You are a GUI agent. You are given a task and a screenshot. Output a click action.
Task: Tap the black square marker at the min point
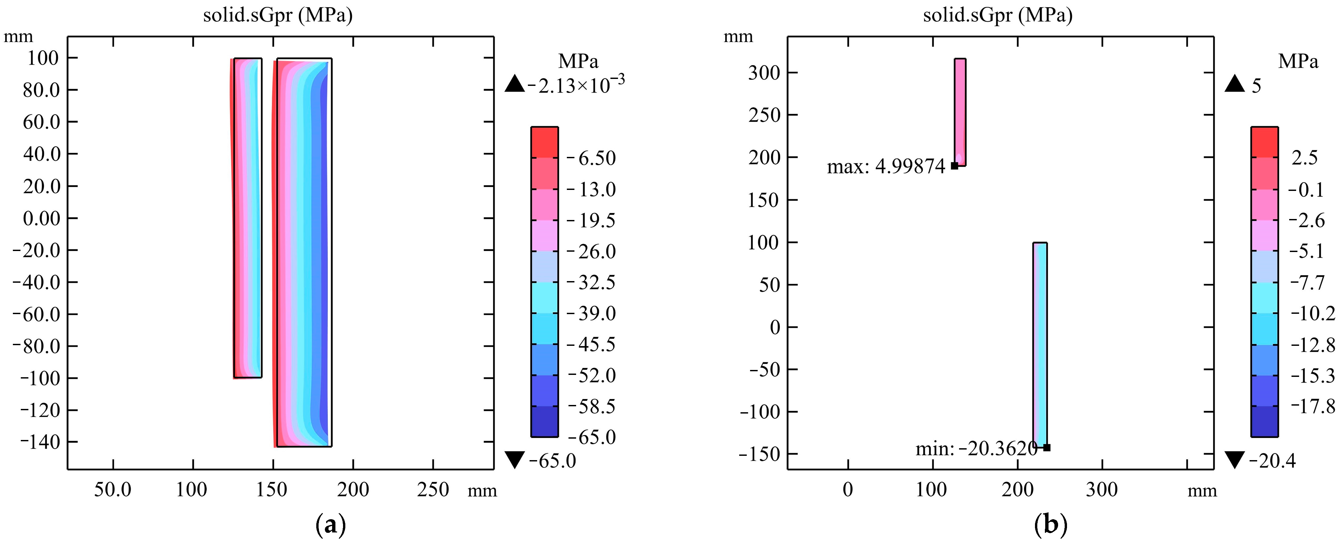point(1046,448)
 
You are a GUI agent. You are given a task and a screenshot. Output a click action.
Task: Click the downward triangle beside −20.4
point(1235,460)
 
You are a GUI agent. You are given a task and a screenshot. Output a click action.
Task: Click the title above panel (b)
point(997,15)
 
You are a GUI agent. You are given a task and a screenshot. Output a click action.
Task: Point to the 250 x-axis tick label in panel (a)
point(433,490)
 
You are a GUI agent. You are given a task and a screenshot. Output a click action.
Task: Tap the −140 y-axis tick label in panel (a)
point(40,442)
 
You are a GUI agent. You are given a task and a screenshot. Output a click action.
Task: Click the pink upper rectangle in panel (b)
point(960,112)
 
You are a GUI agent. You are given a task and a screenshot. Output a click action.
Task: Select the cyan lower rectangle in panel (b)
point(1040,344)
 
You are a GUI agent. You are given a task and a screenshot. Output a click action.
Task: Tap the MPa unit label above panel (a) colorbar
point(578,61)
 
